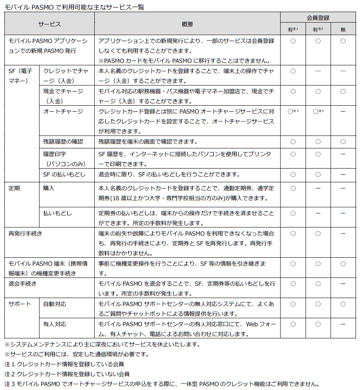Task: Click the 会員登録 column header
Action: pos(318,18)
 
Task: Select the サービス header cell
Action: pos(50,24)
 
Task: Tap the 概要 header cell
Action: pos(187,24)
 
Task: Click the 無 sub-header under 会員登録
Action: pos(343,29)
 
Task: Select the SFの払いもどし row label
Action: pos(65,174)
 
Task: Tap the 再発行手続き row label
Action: pos(25,234)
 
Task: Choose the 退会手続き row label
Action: pos(23,284)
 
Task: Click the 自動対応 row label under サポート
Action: pos(55,304)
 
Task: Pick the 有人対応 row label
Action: pos(55,324)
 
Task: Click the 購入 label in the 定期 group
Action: pos(49,188)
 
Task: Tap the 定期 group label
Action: pos(15,188)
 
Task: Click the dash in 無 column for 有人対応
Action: pos(343,324)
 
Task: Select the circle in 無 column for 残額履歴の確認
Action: pos(343,142)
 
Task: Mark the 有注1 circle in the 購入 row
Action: pos(293,188)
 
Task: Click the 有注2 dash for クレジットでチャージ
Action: pos(318,71)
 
